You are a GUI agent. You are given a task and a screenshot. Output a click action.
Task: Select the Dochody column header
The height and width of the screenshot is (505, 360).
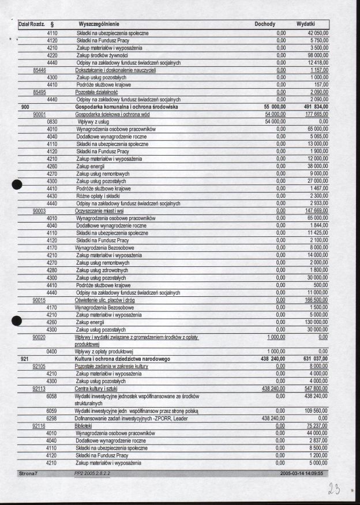click(x=265, y=24)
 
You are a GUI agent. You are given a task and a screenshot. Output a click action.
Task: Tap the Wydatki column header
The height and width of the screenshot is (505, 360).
click(x=305, y=24)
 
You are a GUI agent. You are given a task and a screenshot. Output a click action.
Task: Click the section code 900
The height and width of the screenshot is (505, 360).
click(x=25, y=107)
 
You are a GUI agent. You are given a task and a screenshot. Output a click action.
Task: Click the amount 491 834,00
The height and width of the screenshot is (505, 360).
click(x=312, y=107)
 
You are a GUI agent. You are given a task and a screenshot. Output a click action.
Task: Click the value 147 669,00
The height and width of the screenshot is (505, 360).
click(x=313, y=211)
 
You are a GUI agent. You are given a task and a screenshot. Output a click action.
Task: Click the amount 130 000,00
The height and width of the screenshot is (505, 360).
click(x=314, y=322)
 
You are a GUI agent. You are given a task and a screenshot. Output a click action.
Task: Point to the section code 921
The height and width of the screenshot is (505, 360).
click(x=25, y=359)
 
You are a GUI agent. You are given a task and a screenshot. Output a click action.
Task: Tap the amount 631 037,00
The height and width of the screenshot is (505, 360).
click(x=312, y=359)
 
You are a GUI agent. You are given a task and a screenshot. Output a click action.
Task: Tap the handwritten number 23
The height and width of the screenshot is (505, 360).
click(x=335, y=489)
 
